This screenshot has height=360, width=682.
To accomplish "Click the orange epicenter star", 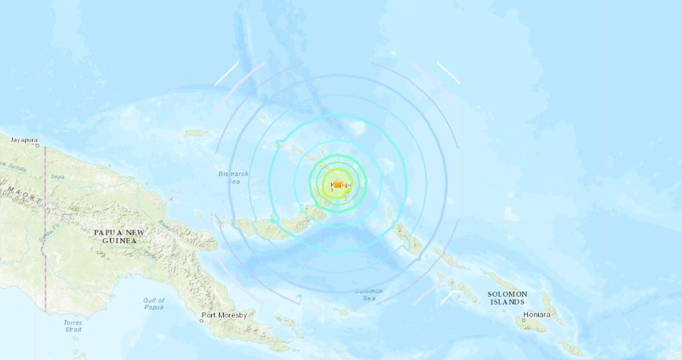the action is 337,184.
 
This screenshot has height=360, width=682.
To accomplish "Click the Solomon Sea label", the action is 369,295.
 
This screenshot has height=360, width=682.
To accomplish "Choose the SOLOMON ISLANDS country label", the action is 508,298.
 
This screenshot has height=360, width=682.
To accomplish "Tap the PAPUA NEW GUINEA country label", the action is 120,237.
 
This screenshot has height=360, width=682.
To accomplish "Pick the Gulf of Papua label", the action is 153,304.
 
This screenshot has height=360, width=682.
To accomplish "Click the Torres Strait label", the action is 73,326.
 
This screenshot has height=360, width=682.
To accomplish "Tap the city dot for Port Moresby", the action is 201,320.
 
